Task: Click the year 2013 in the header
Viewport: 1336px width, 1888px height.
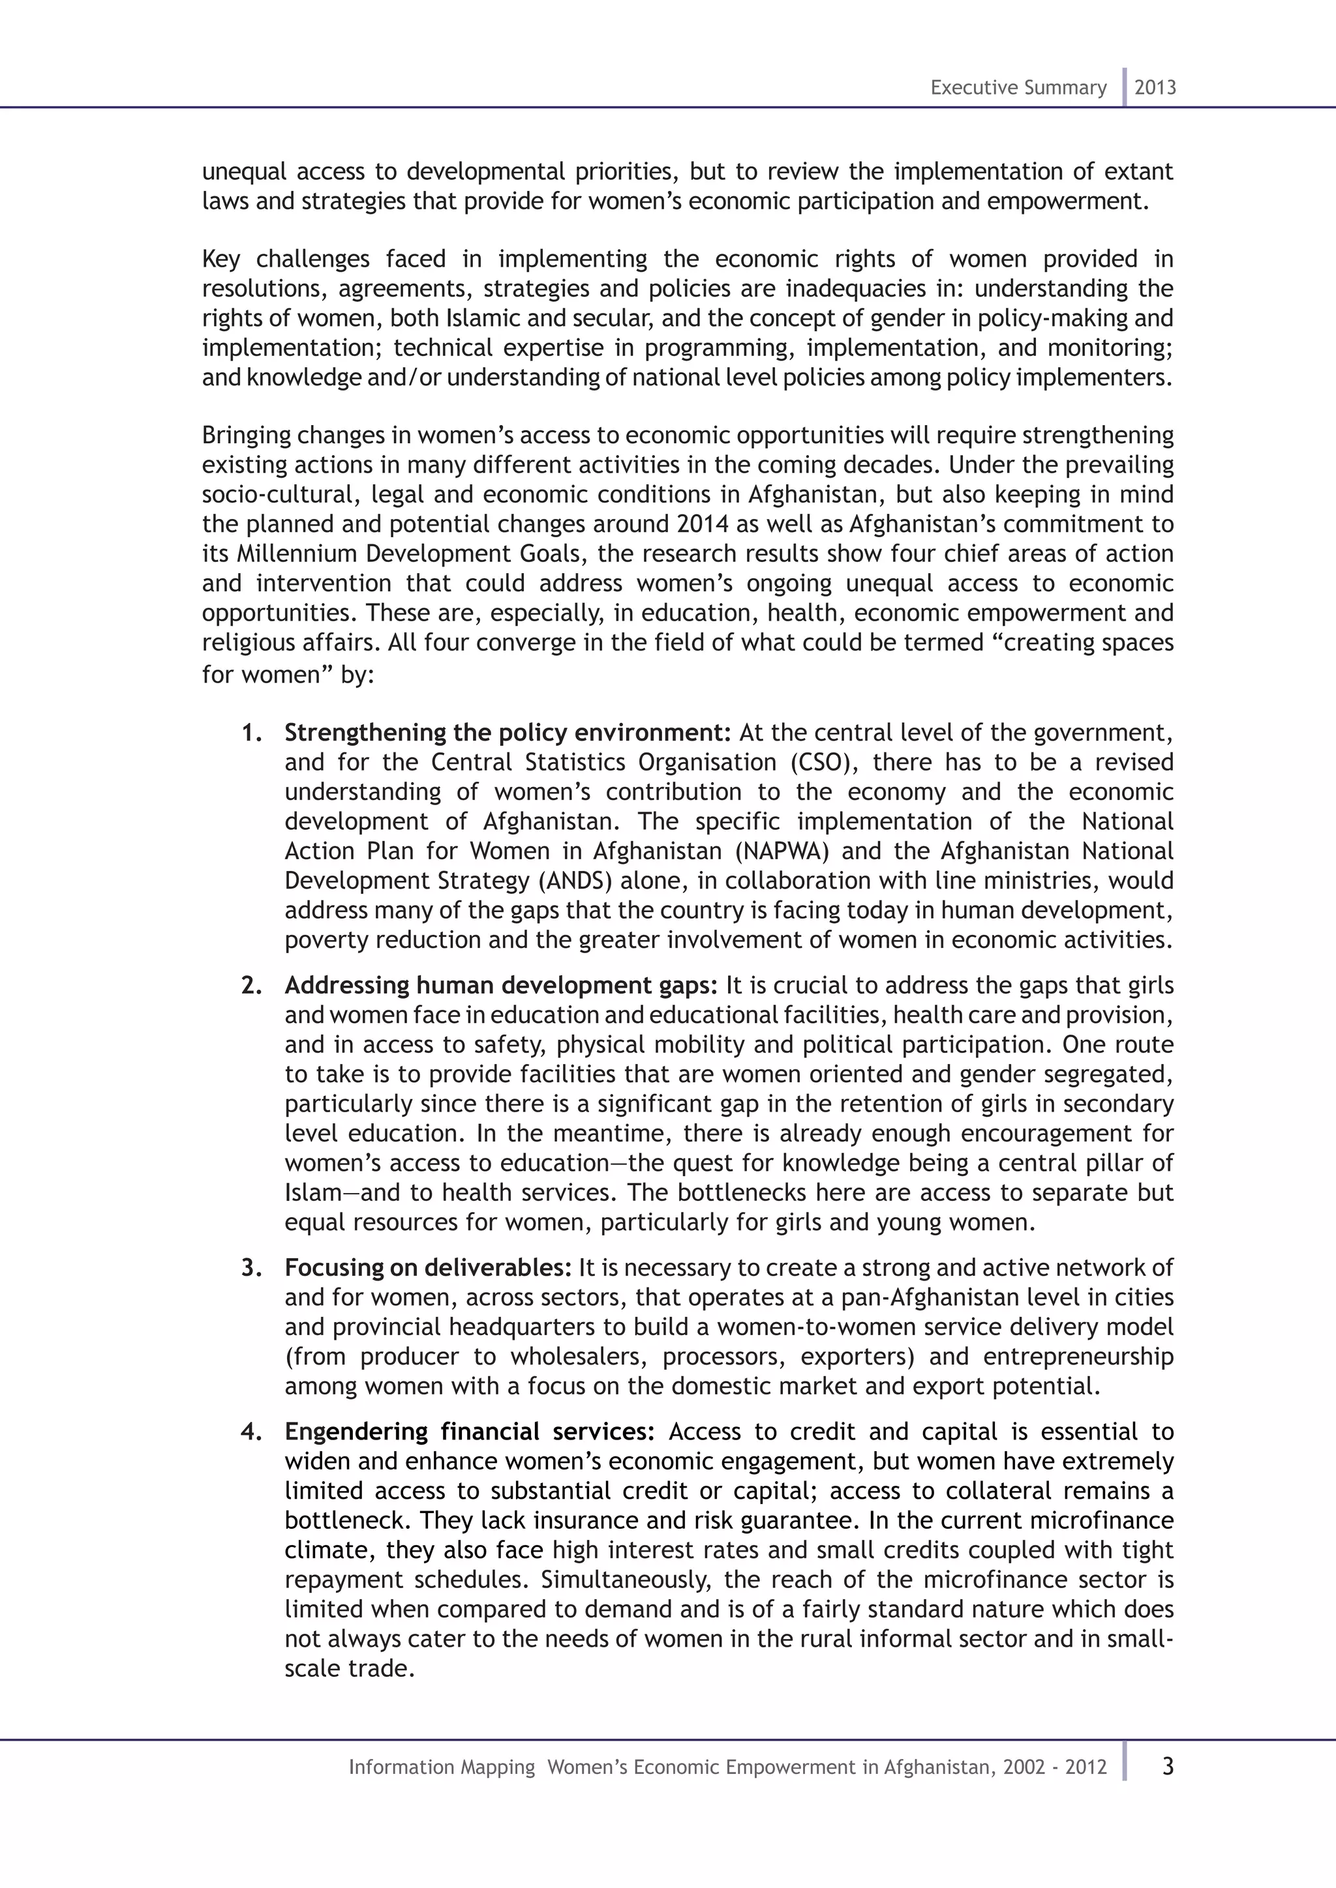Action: [x=1155, y=88]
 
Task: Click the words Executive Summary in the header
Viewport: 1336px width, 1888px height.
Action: [x=1018, y=88]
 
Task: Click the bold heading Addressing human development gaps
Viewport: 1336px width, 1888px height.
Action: [x=501, y=985]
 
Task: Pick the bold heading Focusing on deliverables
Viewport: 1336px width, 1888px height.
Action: [x=428, y=1267]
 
